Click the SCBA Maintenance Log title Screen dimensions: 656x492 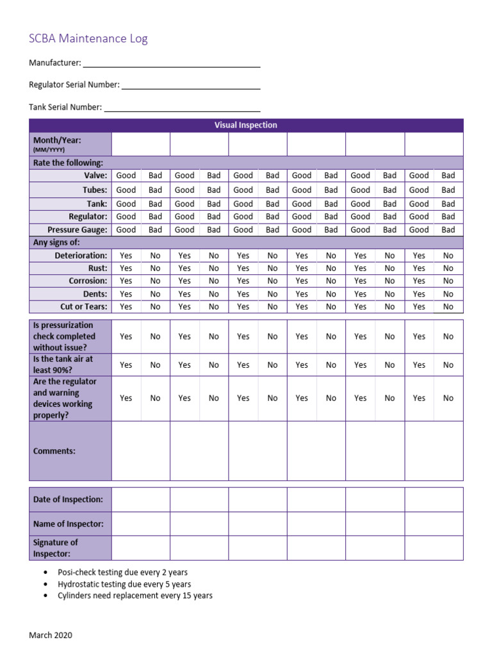88,38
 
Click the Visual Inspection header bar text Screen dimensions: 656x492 245,125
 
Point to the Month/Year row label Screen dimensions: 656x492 57,140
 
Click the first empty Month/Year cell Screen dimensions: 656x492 140,144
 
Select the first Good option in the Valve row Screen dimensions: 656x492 126,176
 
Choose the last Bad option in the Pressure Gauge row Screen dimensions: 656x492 448,229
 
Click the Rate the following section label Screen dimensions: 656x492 68,163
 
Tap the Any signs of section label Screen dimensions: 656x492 61,243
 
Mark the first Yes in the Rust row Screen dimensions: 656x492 126,268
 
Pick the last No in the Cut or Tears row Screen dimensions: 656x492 448,307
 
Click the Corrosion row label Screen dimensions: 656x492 88,281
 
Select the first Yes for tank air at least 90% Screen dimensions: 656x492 126,365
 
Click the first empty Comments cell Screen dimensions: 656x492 140,450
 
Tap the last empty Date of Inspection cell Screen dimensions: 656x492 434,500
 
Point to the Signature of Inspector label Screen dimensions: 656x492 55,548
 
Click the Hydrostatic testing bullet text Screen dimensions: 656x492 124,584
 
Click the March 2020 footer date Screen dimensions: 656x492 51,635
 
